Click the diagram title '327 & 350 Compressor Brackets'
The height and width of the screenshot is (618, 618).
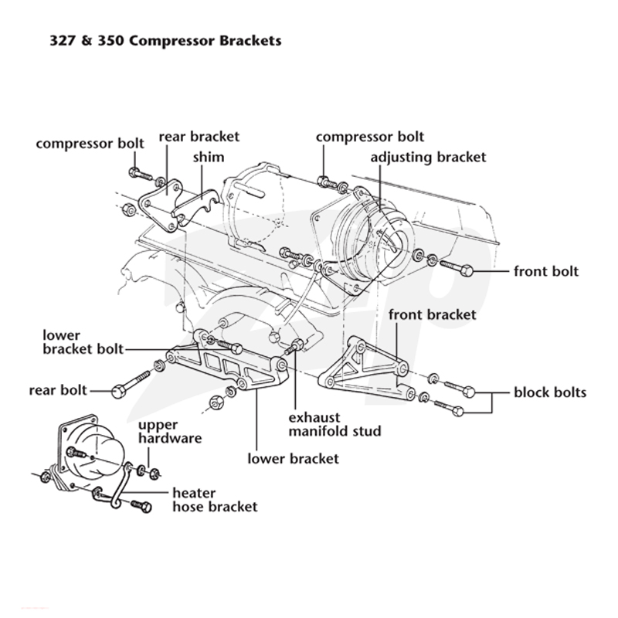[165, 41]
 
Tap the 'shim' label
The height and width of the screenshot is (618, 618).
[209, 157]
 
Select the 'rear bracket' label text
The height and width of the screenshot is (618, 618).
[199, 137]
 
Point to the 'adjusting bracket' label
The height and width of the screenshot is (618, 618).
[428, 158]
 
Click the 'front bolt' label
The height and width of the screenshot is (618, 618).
[546, 271]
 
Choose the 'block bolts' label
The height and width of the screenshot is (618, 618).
[550, 392]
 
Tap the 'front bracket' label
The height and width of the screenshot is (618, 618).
[433, 314]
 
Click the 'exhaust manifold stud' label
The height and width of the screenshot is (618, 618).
[334, 424]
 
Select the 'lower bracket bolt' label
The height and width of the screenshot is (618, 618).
[83, 342]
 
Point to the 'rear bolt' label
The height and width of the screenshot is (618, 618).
[58, 391]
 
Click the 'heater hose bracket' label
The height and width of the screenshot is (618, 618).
[215, 500]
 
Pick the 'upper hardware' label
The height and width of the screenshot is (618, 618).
[170, 431]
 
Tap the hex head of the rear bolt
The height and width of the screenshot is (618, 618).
[118, 392]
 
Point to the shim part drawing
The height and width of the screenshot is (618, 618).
[196, 207]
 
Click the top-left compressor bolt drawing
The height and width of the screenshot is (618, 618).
[141, 174]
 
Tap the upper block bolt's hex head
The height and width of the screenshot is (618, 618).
[469, 392]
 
